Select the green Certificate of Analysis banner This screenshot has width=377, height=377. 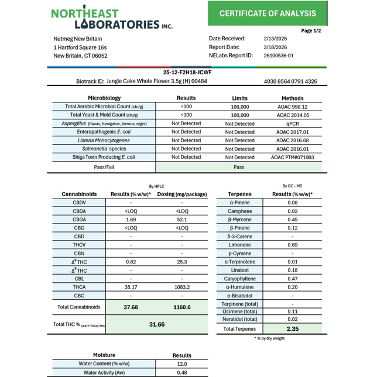(268, 13)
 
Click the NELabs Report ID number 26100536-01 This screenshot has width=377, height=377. (279, 56)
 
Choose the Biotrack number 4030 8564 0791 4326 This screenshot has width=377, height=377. (290, 81)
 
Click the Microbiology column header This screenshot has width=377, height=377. (104, 98)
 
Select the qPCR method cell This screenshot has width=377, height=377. (292, 124)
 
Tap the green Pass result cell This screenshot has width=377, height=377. (239, 167)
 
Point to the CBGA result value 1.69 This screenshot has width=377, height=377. (131, 220)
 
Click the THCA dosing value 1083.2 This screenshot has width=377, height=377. (182, 287)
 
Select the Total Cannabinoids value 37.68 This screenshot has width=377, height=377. (131, 307)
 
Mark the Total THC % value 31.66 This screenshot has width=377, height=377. (157, 324)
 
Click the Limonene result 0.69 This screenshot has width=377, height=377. (293, 245)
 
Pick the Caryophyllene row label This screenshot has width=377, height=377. (240, 279)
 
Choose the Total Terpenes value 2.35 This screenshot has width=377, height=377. (293, 330)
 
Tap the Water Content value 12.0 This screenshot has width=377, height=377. (181, 364)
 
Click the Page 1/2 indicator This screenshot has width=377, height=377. (311, 30)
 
